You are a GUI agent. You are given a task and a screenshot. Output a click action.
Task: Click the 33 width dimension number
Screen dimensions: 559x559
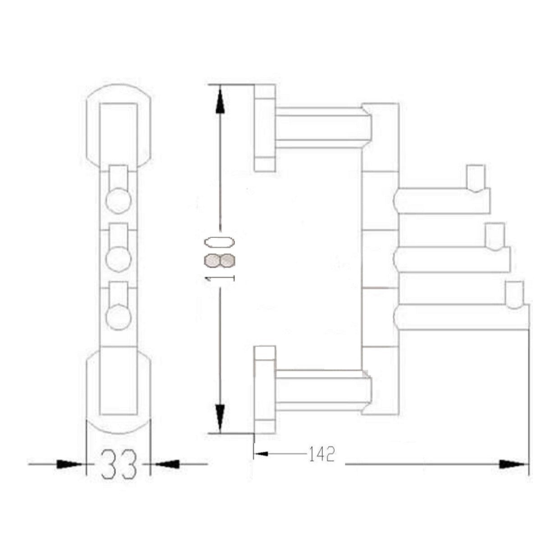(119, 464)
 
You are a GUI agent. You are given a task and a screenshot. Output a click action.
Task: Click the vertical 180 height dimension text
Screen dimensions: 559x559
(220, 259)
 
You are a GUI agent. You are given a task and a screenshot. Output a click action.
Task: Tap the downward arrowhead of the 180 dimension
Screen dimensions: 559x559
(220, 423)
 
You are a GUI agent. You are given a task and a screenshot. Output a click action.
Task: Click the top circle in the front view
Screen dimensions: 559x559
(118, 201)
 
